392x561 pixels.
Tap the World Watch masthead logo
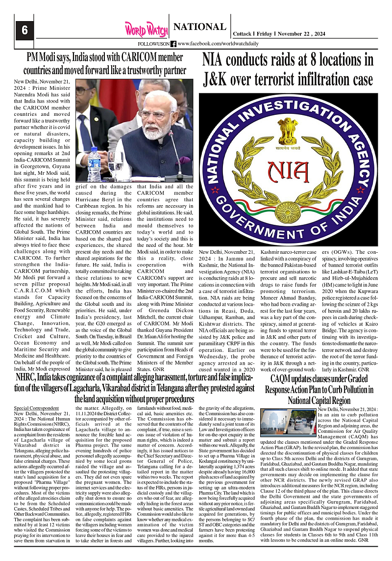pos(146,29)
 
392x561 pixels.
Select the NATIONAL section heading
pos(200,27)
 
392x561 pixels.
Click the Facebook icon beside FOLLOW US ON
pos(173,44)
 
